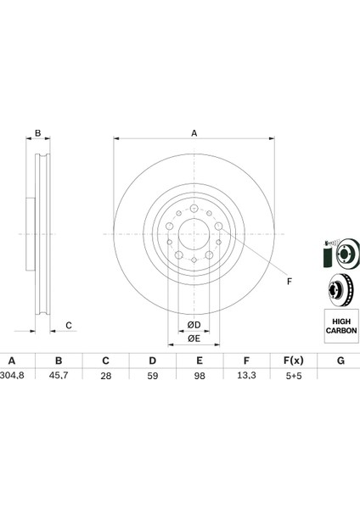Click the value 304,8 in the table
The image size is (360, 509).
[13, 375]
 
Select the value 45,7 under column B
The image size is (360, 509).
[59, 375]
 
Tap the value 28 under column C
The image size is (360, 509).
[105, 376]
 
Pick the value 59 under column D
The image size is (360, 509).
[152, 376]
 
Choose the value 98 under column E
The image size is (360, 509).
[200, 376]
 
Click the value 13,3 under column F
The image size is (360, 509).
[246, 375]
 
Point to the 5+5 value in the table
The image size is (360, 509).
[294, 376]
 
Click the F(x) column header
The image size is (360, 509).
[294, 361]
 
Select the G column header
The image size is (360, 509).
[340, 361]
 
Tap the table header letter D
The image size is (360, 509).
[152, 361]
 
